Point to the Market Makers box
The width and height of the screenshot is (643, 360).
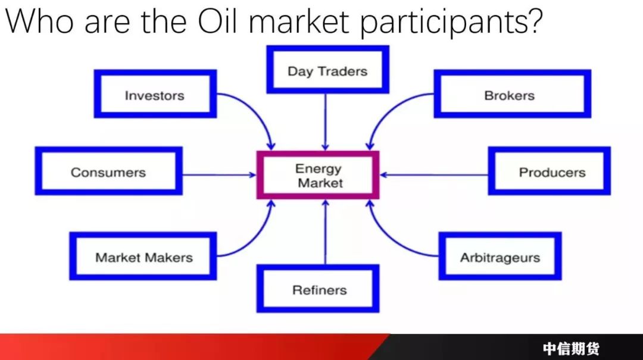point(143,256)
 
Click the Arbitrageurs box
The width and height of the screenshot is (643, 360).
point(500,256)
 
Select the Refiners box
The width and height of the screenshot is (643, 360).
point(318,289)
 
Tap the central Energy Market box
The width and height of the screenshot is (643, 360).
point(318,175)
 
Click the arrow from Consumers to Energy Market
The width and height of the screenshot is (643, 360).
point(219,175)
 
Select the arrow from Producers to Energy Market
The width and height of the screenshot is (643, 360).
point(434,175)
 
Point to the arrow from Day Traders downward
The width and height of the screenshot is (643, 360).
point(326,122)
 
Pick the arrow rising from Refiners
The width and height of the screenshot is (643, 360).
point(326,231)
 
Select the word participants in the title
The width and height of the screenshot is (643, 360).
point(451,22)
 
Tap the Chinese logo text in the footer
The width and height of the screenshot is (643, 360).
point(571,349)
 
